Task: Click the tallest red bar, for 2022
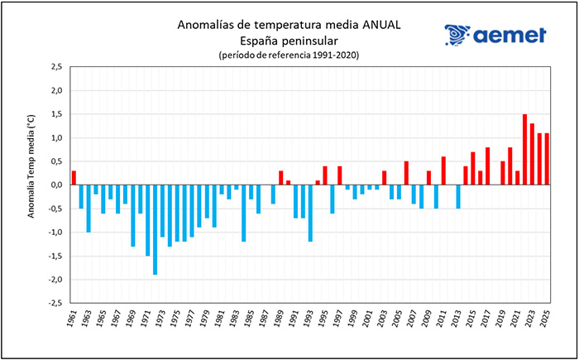pyautogui.click(x=525, y=150)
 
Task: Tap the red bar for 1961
pyautogui.click(x=74, y=178)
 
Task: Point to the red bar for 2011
pyautogui.click(x=443, y=170)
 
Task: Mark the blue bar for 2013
pyautogui.click(x=458, y=197)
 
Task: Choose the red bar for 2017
pyautogui.click(x=488, y=166)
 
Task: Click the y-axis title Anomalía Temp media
pyautogui.click(x=31, y=185)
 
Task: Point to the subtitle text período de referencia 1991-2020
pyautogui.click(x=289, y=55)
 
